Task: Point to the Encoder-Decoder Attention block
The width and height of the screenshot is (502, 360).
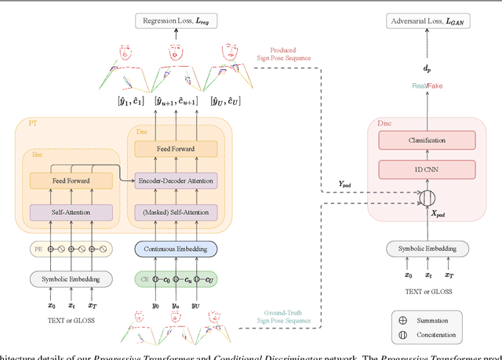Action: coord(176,179)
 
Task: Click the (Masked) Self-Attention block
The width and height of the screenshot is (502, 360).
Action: coord(176,213)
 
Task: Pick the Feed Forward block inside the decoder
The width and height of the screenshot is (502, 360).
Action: coord(176,148)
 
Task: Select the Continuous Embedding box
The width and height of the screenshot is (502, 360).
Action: coord(176,249)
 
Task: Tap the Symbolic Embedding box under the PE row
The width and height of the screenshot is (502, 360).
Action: coord(71,278)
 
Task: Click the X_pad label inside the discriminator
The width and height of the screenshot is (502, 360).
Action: coord(437,213)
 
